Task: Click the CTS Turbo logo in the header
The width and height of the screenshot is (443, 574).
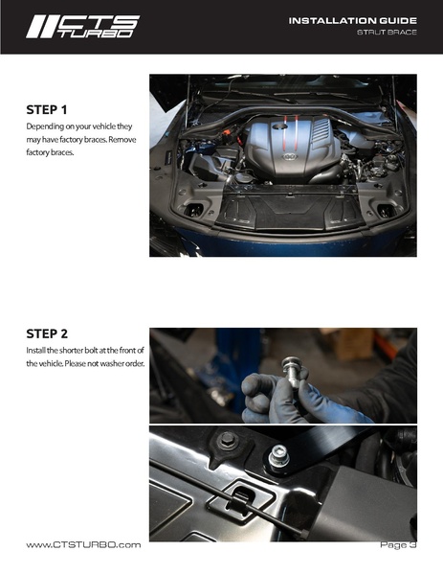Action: pyautogui.click(x=82, y=27)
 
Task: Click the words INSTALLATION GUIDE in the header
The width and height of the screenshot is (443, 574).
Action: pyautogui.click(x=352, y=21)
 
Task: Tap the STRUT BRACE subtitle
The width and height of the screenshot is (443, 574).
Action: pyautogui.click(x=387, y=33)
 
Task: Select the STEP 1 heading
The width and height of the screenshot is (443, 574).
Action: pyautogui.click(x=47, y=110)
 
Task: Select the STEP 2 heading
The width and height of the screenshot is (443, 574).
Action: pyautogui.click(x=47, y=333)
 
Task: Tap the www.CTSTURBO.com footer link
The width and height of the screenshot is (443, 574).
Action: pyautogui.click(x=83, y=544)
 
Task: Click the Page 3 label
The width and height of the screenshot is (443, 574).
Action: pyautogui.click(x=398, y=544)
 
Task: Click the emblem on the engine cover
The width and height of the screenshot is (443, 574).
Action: pyautogui.click(x=290, y=157)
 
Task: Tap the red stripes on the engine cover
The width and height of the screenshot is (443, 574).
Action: pyautogui.click(x=291, y=132)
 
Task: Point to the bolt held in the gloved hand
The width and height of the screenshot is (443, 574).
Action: pyautogui.click(x=292, y=372)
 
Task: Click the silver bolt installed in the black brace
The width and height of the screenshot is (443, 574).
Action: pyautogui.click(x=278, y=456)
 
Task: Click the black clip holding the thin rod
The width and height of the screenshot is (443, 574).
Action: pyautogui.click(x=240, y=498)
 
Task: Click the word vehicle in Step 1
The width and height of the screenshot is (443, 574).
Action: pyautogui.click(x=103, y=126)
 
